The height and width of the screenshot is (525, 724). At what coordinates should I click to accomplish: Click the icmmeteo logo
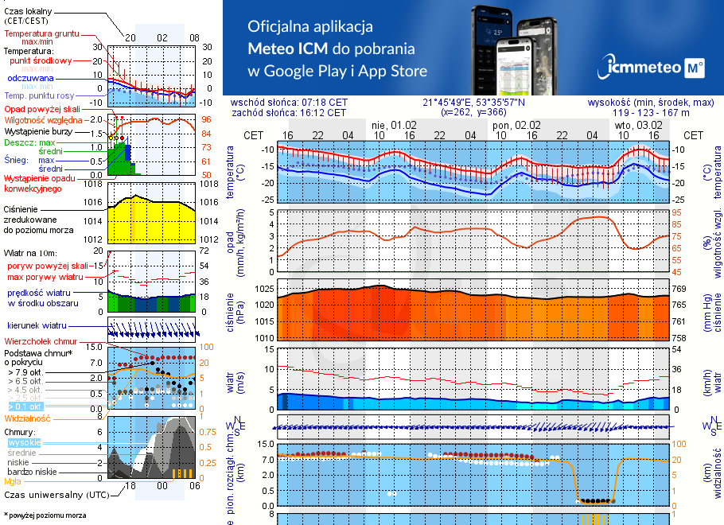pyautogui.click(x=655, y=68)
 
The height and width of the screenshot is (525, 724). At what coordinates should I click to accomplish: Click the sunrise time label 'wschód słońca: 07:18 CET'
pyautogui.click(x=300, y=103)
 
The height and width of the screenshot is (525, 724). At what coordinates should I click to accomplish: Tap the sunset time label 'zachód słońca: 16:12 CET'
pyautogui.click(x=299, y=113)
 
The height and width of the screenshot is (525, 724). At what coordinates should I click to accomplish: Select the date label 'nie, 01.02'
pyautogui.click(x=394, y=125)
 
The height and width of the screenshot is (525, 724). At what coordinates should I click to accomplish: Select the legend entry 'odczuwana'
pyautogui.click(x=30, y=79)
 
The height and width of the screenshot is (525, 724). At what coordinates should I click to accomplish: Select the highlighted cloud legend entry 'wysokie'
pyautogui.click(x=24, y=442)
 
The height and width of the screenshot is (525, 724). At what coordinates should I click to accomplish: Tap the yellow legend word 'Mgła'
pyautogui.click(x=13, y=481)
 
